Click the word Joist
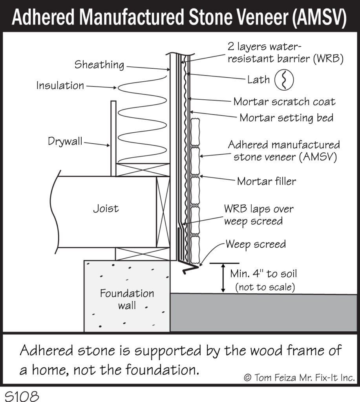coord(106,208)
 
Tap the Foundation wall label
coord(127,299)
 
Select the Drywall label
coord(65,141)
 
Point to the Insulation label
coord(60,85)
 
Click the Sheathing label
coord(99,65)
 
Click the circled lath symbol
coord(284,80)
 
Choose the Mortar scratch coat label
coord(284,102)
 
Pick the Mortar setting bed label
coord(287,118)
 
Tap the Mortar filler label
coord(267,181)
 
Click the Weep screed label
coord(256,244)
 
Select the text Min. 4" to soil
coord(263,274)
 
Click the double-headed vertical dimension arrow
coord(223,278)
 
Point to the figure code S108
coord(22,396)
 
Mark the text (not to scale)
coord(265,287)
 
